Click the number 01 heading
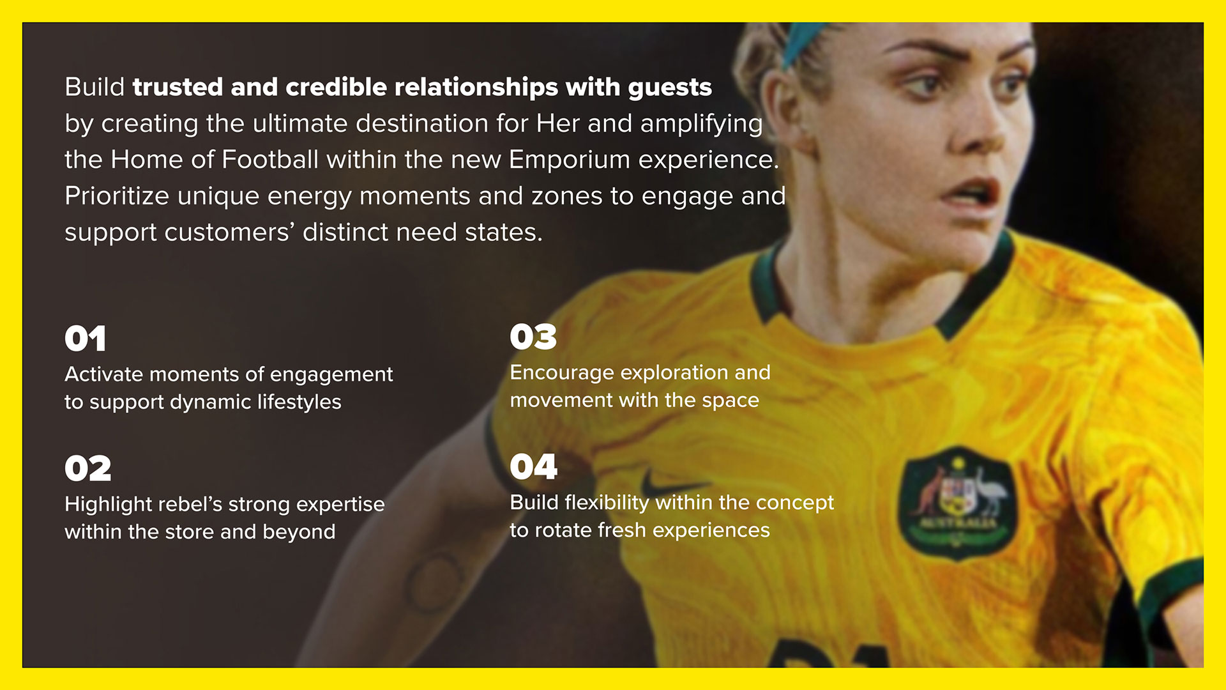click(x=85, y=339)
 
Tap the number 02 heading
click(x=88, y=469)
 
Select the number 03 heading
click(x=533, y=337)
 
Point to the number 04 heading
click(x=534, y=467)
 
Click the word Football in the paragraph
click(x=270, y=160)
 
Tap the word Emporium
click(x=570, y=160)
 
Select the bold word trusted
click(x=178, y=87)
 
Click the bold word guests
click(x=670, y=88)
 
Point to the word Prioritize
click(x=117, y=195)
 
